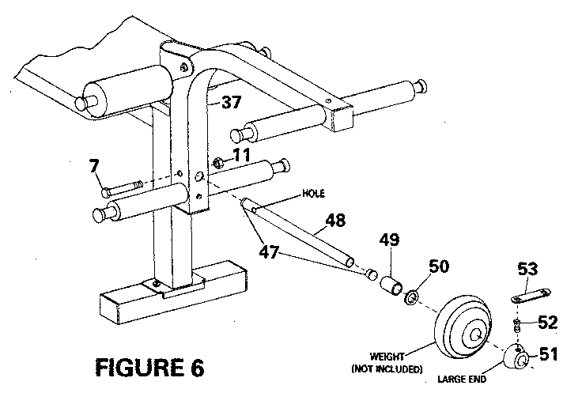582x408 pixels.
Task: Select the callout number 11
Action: coord(240,154)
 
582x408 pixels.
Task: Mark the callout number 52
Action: coord(547,323)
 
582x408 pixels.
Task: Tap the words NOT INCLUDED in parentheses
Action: coord(387,368)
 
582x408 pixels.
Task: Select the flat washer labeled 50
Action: coord(411,298)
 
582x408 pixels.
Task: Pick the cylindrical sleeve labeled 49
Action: coord(390,284)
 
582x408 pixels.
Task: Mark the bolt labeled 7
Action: coord(123,188)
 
